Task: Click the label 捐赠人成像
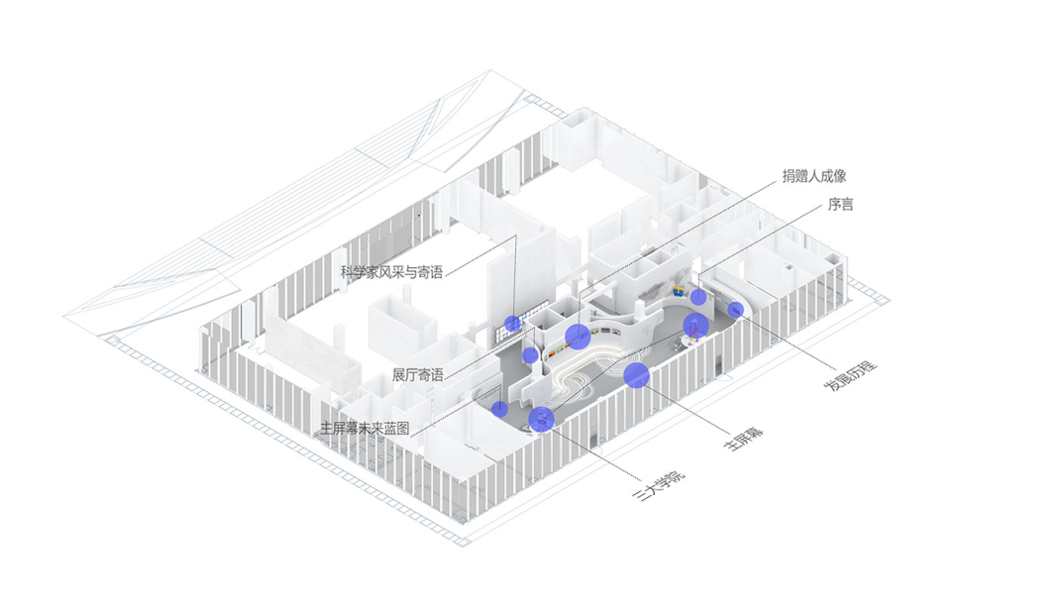click(x=813, y=176)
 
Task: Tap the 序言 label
click(x=840, y=205)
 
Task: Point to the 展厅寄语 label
click(x=417, y=374)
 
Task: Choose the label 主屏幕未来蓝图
click(x=364, y=429)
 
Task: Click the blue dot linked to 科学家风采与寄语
click(x=512, y=323)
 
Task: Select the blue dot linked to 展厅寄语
click(x=530, y=354)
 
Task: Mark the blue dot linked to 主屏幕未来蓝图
click(x=500, y=408)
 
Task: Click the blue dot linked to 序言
click(x=698, y=297)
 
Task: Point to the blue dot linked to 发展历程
click(x=735, y=310)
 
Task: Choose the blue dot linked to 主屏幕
click(x=636, y=375)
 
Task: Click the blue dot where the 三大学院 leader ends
click(x=541, y=420)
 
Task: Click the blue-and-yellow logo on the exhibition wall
click(x=679, y=291)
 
